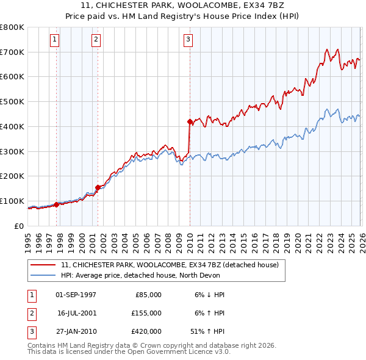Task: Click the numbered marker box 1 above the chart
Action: point(54,40)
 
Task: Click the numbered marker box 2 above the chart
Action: point(96,40)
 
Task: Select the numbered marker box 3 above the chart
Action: point(188,40)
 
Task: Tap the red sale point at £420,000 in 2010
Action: point(190,121)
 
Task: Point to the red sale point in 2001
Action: point(98,187)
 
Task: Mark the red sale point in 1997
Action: point(56,204)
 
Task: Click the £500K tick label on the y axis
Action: point(12,102)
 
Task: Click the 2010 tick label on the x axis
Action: point(189,241)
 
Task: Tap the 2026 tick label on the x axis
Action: point(361,241)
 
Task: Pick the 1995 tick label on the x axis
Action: point(28,241)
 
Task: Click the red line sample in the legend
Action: point(43,265)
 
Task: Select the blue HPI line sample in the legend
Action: point(43,275)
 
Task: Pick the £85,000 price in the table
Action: point(146,295)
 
